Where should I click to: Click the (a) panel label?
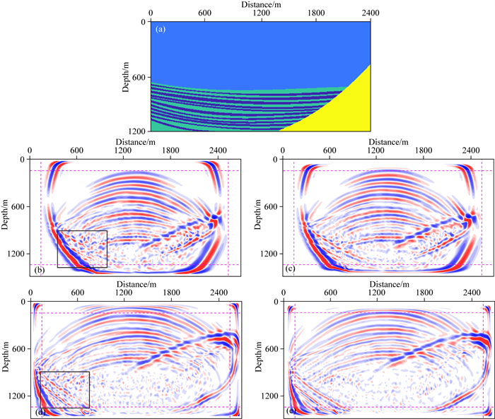coord(161,30)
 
